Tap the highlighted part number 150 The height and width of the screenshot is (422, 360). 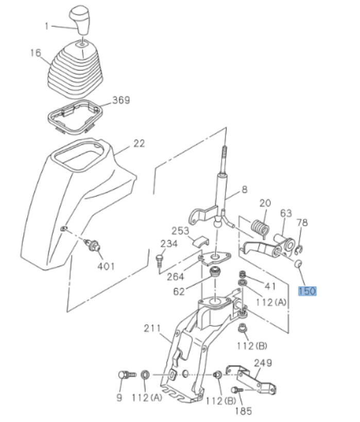(307, 291)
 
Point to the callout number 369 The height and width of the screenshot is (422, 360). (121, 100)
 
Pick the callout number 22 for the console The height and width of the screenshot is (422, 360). (139, 143)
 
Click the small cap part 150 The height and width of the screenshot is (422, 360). (298, 264)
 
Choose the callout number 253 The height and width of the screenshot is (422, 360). (180, 230)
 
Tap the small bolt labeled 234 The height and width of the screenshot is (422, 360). (159, 257)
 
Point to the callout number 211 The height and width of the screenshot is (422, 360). (152, 328)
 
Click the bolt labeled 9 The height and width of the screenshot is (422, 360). (126, 374)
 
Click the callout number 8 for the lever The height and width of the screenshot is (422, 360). (245, 189)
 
